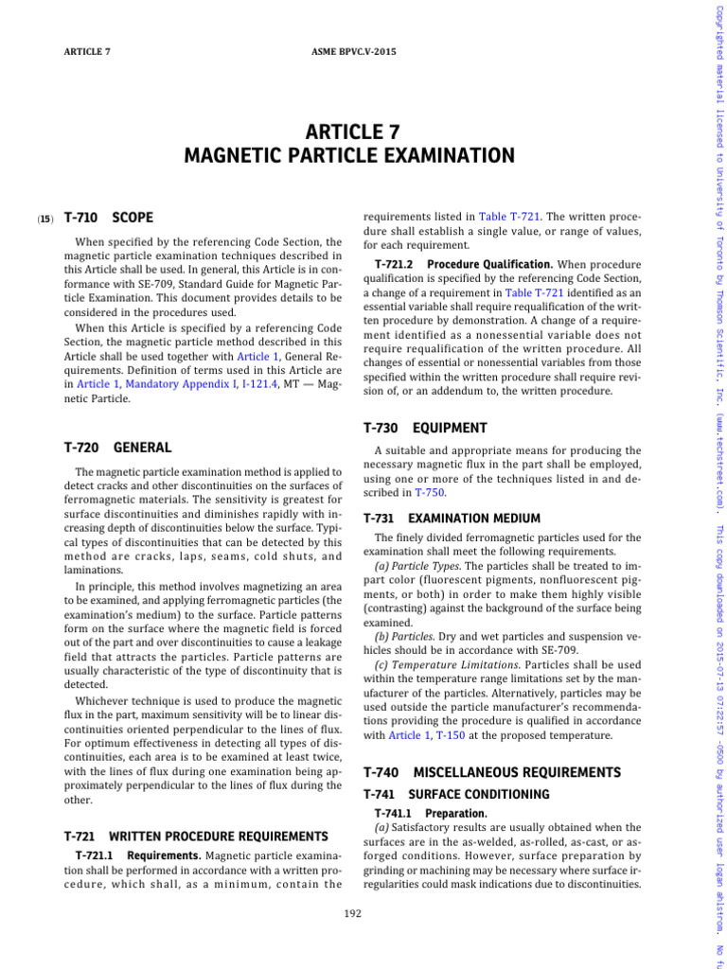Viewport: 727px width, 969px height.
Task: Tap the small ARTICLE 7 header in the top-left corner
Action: coord(87,51)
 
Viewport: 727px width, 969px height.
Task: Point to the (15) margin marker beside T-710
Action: coord(45,219)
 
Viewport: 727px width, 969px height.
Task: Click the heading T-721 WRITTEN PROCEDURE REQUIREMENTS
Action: coord(195,836)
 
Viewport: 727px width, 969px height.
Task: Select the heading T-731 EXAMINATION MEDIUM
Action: coord(452,519)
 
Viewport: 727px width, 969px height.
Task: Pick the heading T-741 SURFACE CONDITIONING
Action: coord(456,794)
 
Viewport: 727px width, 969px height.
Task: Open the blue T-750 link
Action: coord(427,493)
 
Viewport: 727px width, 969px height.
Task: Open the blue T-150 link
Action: coord(452,735)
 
